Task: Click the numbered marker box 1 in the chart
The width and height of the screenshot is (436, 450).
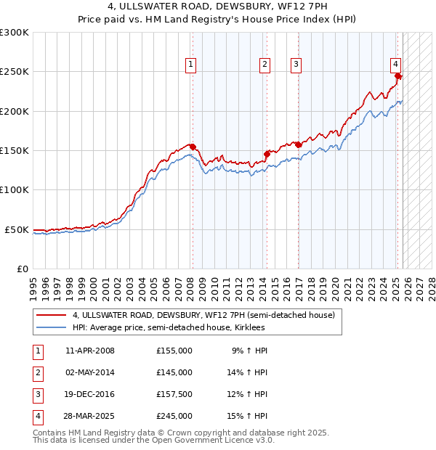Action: (x=190, y=65)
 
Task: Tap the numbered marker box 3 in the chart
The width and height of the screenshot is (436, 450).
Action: (x=296, y=65)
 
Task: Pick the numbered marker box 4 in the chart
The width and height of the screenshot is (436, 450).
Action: (x=395, y=65)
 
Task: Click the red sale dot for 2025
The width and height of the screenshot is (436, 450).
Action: (x=398, y=75)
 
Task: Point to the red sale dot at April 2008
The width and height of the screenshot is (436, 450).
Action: (x=193, y=147)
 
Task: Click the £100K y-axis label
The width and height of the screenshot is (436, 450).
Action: (x=15, y=189)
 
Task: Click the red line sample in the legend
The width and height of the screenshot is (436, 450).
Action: (x=51, y=316)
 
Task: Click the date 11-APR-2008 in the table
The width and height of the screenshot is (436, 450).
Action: (x=89, y=351)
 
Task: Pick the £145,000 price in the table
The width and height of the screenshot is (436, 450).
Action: (x=174, y=372)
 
